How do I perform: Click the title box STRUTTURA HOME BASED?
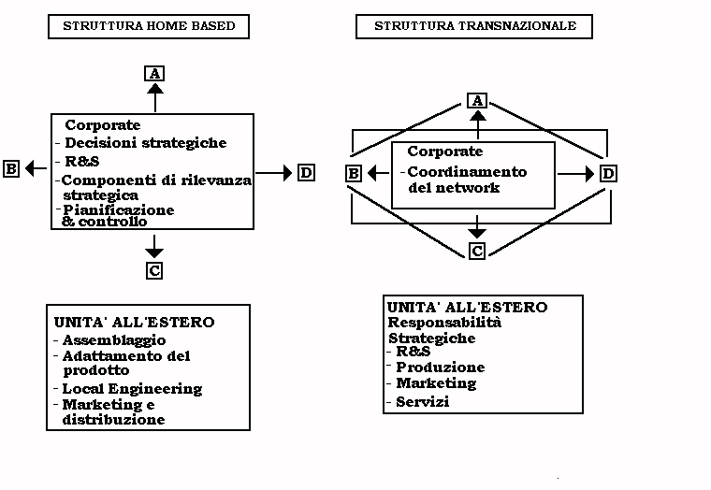pos(149,27)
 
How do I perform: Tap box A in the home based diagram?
pos(155,74)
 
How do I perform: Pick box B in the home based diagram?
pos(11,168)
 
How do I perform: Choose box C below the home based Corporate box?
pos(155,270)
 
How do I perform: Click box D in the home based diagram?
pos(306,172)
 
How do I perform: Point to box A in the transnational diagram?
pos(478,100)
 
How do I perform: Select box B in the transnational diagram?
pos(353,173)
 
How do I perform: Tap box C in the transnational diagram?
pos(477,251)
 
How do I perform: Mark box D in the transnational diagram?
pos(608,173)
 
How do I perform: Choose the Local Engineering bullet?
pos(131,388)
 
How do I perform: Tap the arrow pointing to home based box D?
pos(274,172)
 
